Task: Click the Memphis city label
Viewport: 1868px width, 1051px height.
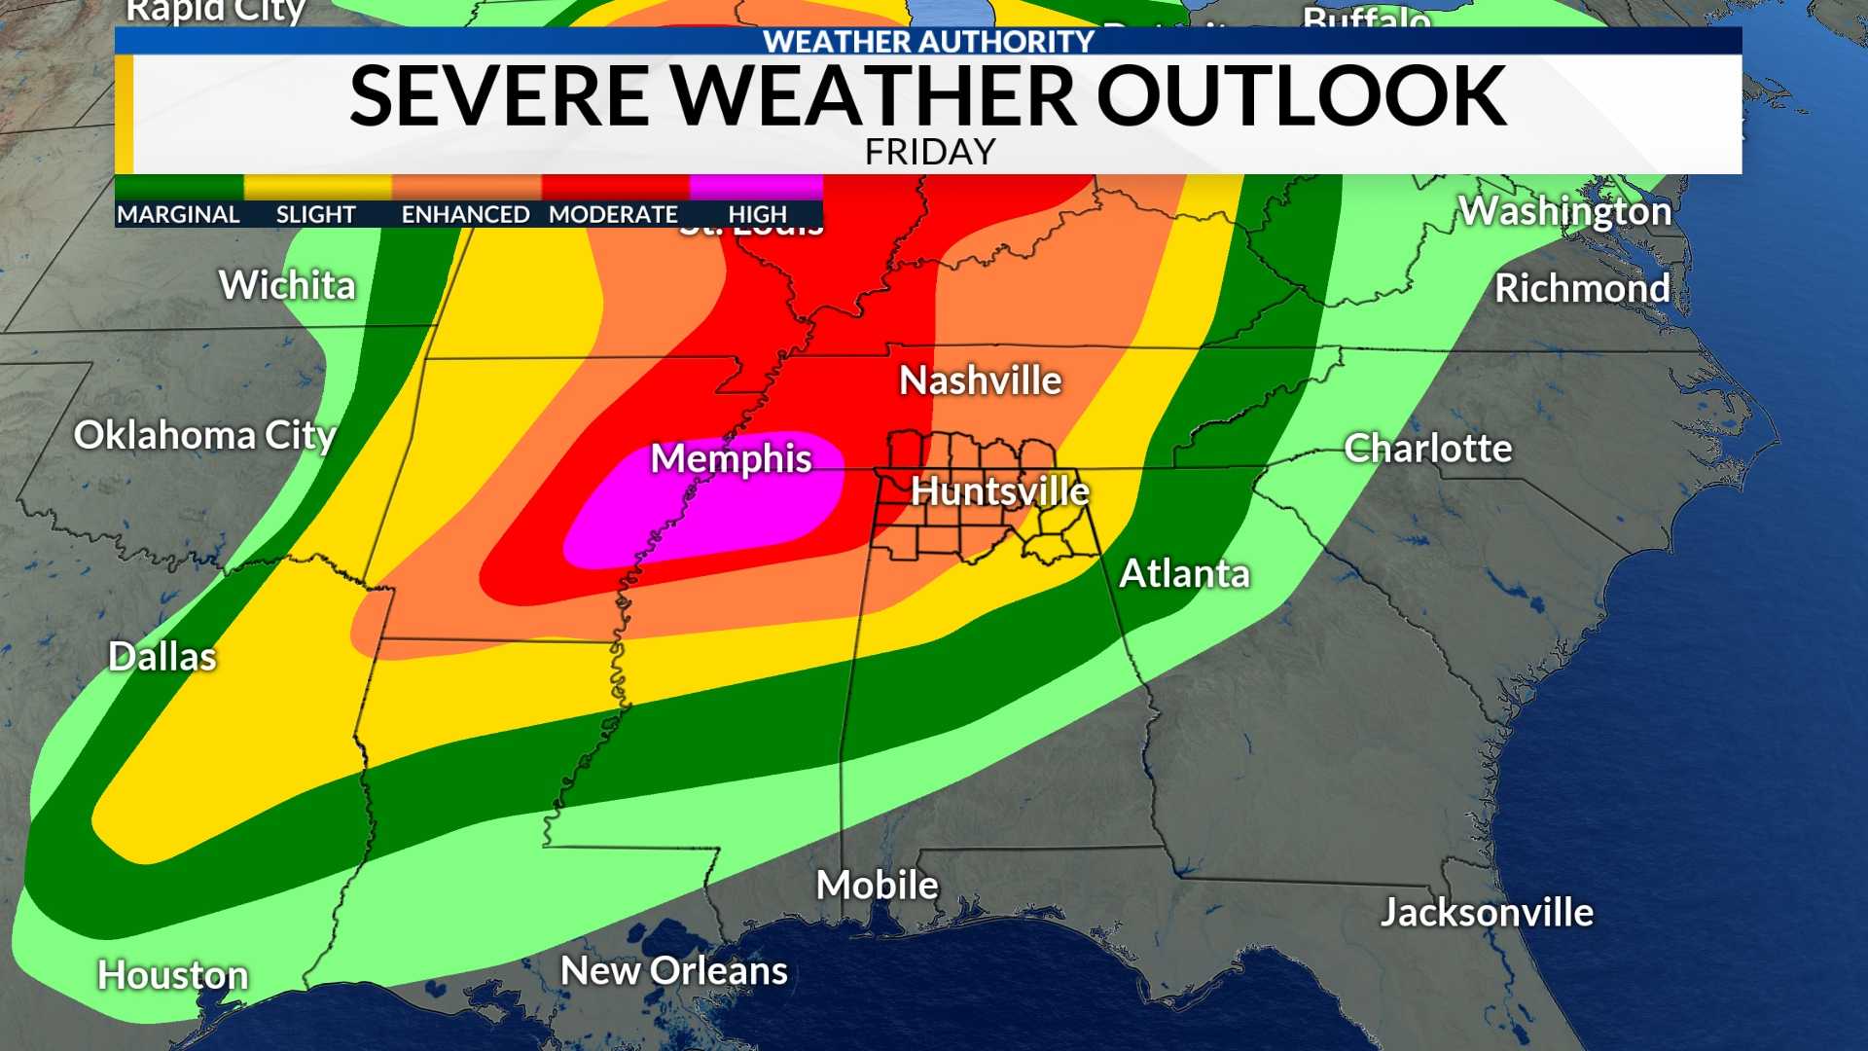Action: pos(731,458)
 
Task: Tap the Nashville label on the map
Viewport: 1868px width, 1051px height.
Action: pos(980,381)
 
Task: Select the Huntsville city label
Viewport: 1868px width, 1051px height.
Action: pos(999,491)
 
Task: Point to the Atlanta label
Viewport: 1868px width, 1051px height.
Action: pos(1184,573)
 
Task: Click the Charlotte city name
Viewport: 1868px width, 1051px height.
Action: pos(1427,449)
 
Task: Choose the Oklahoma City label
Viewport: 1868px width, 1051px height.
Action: pos(204,435)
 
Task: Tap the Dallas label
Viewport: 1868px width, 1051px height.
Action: pos(162,657)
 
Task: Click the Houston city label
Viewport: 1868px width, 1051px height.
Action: pos(172,975)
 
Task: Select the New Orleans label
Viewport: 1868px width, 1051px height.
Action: pos(673,970)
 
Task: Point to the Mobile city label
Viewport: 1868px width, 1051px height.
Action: pos(877,885)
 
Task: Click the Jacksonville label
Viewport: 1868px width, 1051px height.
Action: pos(1487,913)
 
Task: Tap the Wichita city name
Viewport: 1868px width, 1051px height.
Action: pos(287,285)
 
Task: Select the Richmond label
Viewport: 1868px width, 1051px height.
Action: pos(1582,288)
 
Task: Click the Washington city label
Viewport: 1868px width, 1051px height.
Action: pos(1564,211)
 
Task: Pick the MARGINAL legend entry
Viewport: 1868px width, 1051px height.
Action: pos(178,214)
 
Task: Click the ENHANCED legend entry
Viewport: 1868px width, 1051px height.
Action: pos(465,214)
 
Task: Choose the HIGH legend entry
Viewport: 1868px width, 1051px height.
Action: pos(757,214)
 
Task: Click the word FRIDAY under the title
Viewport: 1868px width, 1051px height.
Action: pos(930,152)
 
